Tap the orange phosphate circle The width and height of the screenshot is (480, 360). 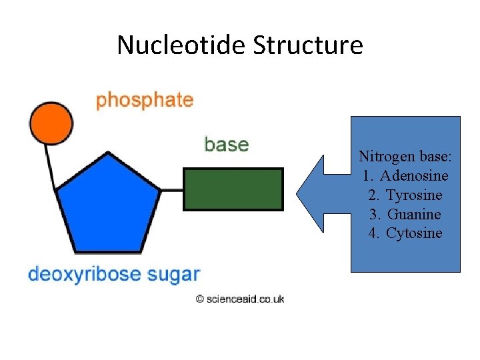click(51, 123)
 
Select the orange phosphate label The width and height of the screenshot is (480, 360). click(145, 101)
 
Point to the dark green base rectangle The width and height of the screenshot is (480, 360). click(233, 189)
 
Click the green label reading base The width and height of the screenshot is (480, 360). click(226, 145)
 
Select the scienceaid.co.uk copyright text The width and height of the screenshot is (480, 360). click(245, 299)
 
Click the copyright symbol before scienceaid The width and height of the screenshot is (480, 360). click(199, 299)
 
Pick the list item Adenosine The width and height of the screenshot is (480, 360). click(414, 176)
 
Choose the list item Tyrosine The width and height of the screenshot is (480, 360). click(414, 195)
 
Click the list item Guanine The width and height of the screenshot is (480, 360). click(414, 214)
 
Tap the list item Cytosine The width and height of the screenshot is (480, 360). click(414, 233)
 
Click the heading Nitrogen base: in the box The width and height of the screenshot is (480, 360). click(405, 157)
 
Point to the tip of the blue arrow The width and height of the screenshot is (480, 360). click(298, 194)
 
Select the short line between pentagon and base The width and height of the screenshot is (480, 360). click(172, 190)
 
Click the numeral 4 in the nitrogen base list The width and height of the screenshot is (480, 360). click(372, 233)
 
